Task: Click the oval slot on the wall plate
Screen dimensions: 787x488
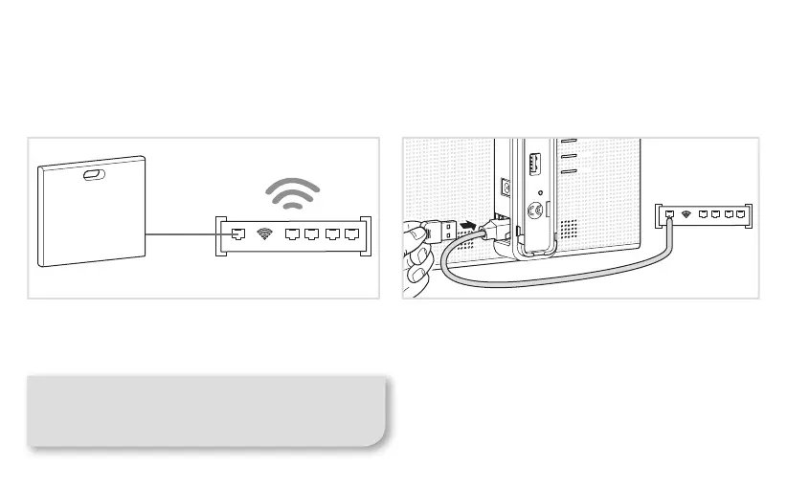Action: pyautogui.click(x=94, y=175)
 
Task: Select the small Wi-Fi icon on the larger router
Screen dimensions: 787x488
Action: pyautogui.click(x=265, y=233)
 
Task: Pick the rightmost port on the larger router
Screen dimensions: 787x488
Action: pyautogui.click(x=351, y=233)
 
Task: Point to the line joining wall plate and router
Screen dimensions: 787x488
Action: pyautogui.click(x=183, y=233)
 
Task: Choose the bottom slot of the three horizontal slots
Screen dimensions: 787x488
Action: pyautogui.click(x=568, y=171)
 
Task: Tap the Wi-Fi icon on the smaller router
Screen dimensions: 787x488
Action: pyautogui.click(x=686, y=214)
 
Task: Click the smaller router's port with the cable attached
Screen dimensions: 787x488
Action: pyautogui.click(x=670, y=214)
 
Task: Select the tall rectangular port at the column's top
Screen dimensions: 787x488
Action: pyautogui.click(x=535, y=163)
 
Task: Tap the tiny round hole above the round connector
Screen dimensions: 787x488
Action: pyautogui.click(x=542, y=192)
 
